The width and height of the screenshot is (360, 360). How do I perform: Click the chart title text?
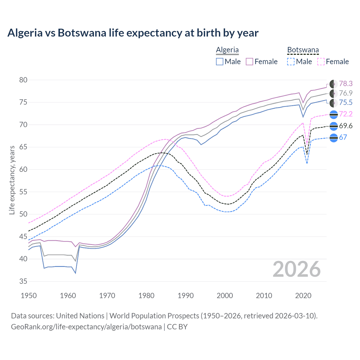point(133,33)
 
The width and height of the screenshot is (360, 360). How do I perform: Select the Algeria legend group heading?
point(227,50)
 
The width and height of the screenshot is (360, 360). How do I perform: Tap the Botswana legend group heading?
point(303,50)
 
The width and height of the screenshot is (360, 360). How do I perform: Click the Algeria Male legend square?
point(220,62)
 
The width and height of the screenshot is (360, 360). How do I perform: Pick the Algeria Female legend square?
point(249,62)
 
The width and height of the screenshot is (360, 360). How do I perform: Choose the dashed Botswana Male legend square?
point(291,62)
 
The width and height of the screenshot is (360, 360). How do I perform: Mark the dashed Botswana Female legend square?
point(321,62)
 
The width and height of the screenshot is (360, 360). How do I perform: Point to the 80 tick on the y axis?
point(23,80)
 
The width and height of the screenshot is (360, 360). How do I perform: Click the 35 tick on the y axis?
point(23,281)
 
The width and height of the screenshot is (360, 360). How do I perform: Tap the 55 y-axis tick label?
point(23,192)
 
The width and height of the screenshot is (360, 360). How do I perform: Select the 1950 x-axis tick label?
point(29,296)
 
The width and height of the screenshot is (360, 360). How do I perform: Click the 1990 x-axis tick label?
point(186,296)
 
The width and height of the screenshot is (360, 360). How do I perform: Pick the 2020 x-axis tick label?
point(303,296)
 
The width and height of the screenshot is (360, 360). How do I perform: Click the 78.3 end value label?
point(346,84)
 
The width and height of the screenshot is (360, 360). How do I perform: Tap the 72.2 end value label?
point(346,114)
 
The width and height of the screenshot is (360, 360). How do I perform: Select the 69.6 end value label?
point(346,126)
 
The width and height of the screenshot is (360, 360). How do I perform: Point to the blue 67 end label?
point(343,137)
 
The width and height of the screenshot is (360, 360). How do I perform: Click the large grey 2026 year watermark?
point(296,269)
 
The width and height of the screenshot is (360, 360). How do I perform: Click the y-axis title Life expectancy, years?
point(12,180)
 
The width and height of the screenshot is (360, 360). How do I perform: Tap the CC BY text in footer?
point(177,327)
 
